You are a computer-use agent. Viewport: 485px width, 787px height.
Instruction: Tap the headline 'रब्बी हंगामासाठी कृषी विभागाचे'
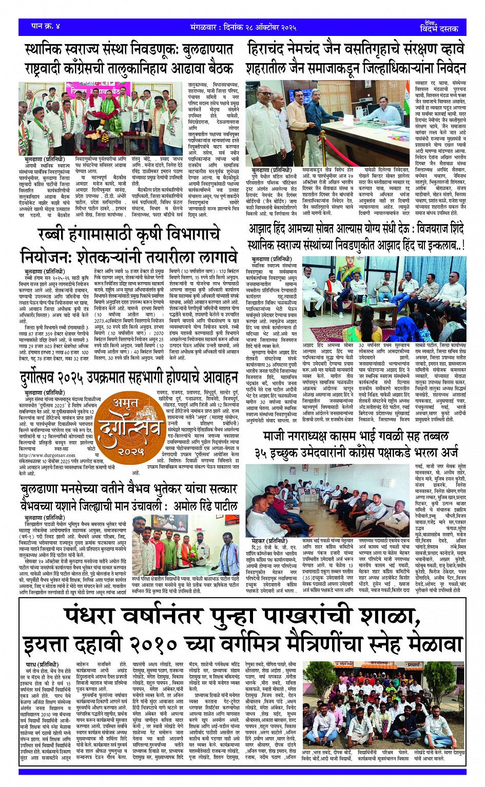coord(129,234)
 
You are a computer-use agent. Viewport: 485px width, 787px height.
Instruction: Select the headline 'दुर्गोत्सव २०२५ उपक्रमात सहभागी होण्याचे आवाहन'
coord(129,379)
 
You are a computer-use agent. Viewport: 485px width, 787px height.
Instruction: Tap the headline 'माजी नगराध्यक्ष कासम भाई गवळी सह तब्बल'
coord(356,437)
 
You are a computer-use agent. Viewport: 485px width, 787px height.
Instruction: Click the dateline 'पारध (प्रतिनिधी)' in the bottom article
coord(38,664)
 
